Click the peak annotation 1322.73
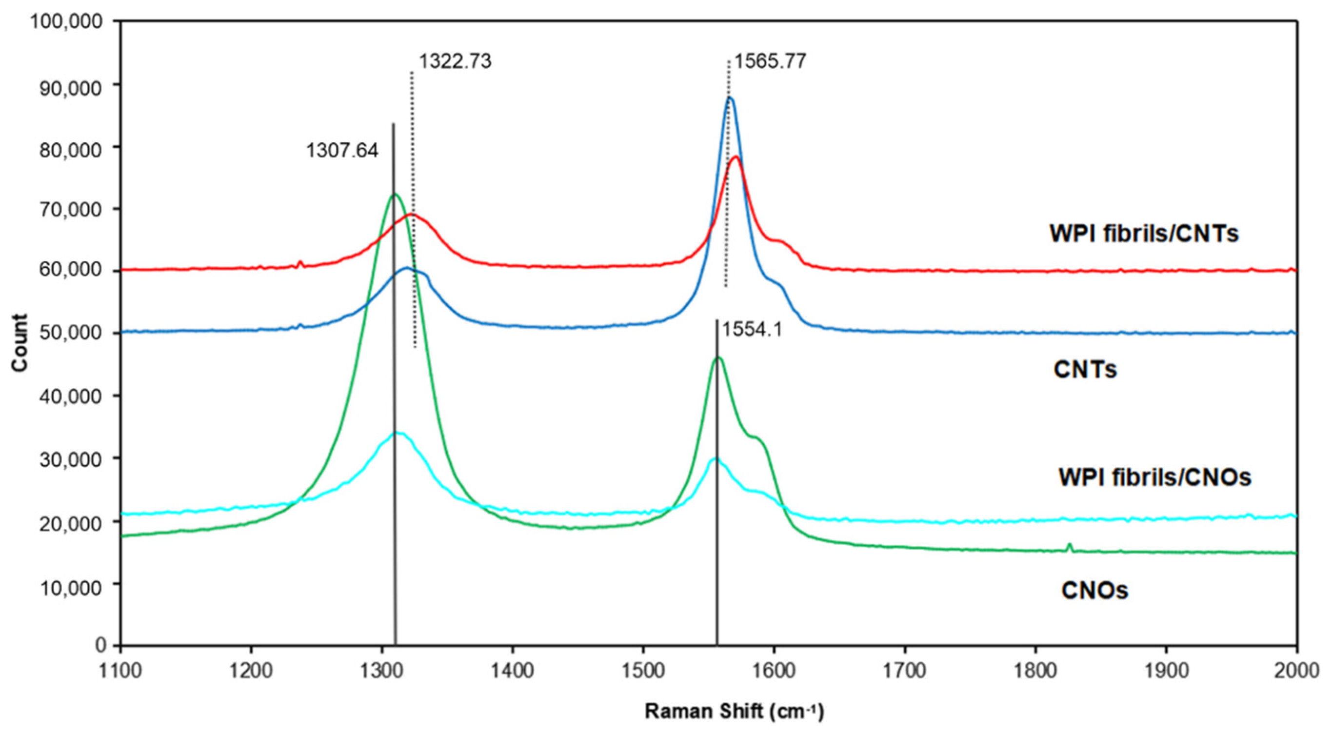click(455, 61)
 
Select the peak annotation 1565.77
click(770, 61)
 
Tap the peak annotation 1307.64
click(342, 151)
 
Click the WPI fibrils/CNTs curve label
click(1144, 233)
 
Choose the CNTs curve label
click(1085, 370)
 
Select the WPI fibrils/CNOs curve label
click(1154, 477)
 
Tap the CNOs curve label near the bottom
click(1094, 590)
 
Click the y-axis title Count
click(20, 342)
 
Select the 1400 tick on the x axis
click(512, 671)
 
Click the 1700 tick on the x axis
click(904, 671)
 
